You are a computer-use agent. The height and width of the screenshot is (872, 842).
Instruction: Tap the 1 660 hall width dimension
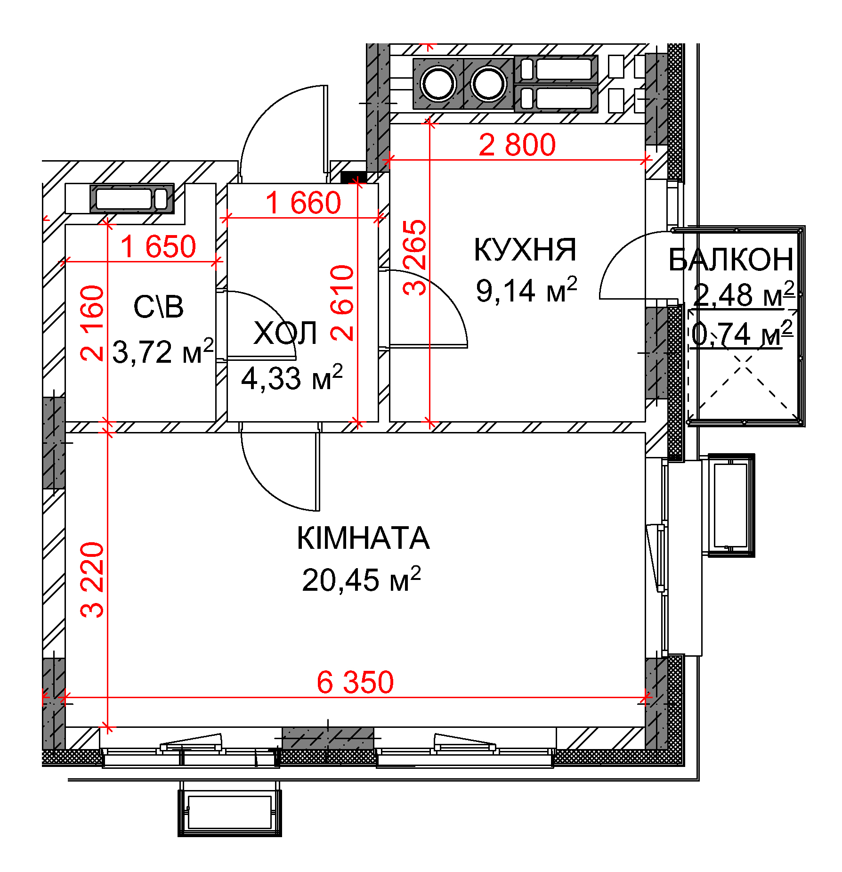click(303, 203)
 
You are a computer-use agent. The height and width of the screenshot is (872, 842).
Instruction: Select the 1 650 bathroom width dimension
click(158, 246)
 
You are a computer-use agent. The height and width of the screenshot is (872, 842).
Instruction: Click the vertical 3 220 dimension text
click(92, 580)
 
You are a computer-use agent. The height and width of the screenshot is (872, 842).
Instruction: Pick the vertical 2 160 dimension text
click(92, 323)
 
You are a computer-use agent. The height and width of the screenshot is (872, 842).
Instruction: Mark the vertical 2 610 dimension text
click(342, 303)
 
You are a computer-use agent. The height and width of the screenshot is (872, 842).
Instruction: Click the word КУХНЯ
click(525, 250)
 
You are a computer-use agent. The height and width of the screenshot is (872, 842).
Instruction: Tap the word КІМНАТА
click(363, 538)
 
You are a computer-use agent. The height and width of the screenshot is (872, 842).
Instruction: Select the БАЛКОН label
click(731, 260)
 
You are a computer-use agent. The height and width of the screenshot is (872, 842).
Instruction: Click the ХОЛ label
click(285, 333)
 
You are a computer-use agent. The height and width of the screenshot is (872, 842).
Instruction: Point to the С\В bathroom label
click(158, 307)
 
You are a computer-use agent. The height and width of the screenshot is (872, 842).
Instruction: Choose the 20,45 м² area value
click(361, 579)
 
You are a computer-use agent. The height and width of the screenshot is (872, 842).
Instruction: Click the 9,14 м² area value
click(526, 289)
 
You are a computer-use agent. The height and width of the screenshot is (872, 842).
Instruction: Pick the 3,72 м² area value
click(163, 351)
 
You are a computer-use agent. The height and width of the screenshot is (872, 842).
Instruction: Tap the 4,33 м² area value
click(292, 377)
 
